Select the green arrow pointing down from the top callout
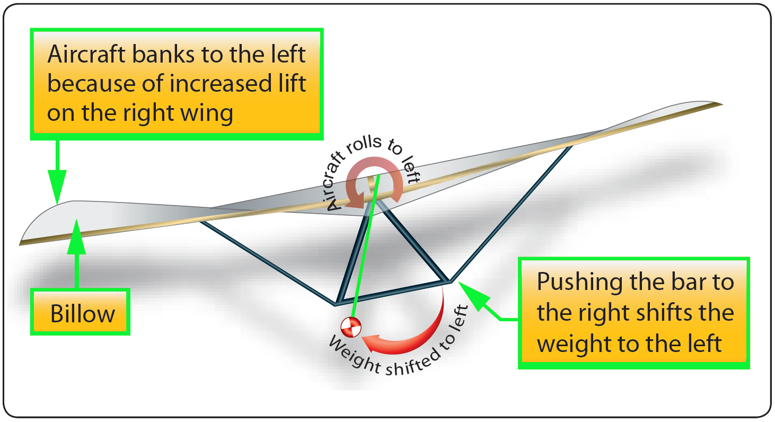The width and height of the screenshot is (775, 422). (x=57, y=175)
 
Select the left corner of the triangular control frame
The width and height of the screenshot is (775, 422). (x=336, y=305)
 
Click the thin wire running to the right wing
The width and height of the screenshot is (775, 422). (x=509, y=212)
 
